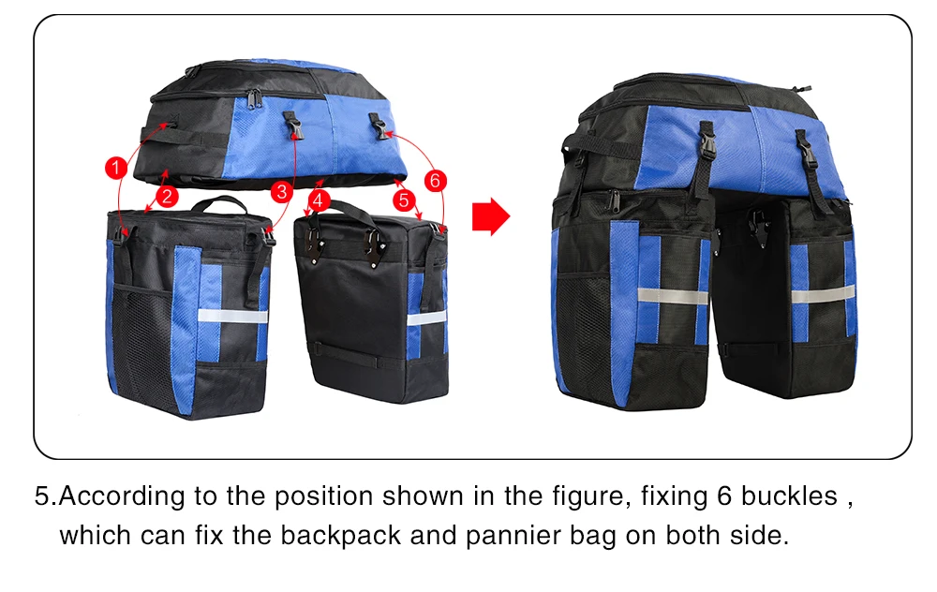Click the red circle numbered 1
pyautogui.click(x=114, y=168)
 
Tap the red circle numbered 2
pyautogui.click(x=166, y=196)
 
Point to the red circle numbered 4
pyautogui.click(x=319, y=200)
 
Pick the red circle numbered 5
pyautogui.click(x=404, y=200)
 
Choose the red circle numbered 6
pyautogui.click(x=434, y=178)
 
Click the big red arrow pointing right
pyautogui.click(x=490, y=216)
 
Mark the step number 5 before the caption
pyautogui.click(x=41, y=496)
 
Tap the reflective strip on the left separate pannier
pyautogui.click(x=232, y=316)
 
